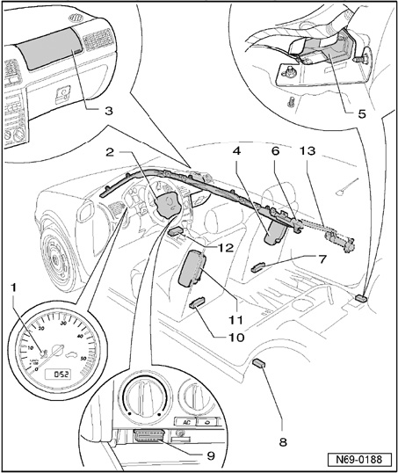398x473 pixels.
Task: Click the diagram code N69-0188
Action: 359,460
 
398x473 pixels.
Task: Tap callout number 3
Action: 109,111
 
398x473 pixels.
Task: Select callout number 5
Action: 362,113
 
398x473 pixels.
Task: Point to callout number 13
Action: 308,150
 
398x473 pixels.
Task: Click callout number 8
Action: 283,442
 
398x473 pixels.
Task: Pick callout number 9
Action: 211,455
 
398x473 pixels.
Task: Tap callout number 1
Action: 13,288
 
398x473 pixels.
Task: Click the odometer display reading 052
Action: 58,375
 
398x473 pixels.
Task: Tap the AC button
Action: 186,422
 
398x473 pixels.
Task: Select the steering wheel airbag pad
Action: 166,204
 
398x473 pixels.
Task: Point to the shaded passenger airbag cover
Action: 50,49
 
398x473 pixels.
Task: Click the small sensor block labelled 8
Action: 259,362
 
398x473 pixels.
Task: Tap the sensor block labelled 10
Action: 197,302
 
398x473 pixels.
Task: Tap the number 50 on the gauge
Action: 83,359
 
